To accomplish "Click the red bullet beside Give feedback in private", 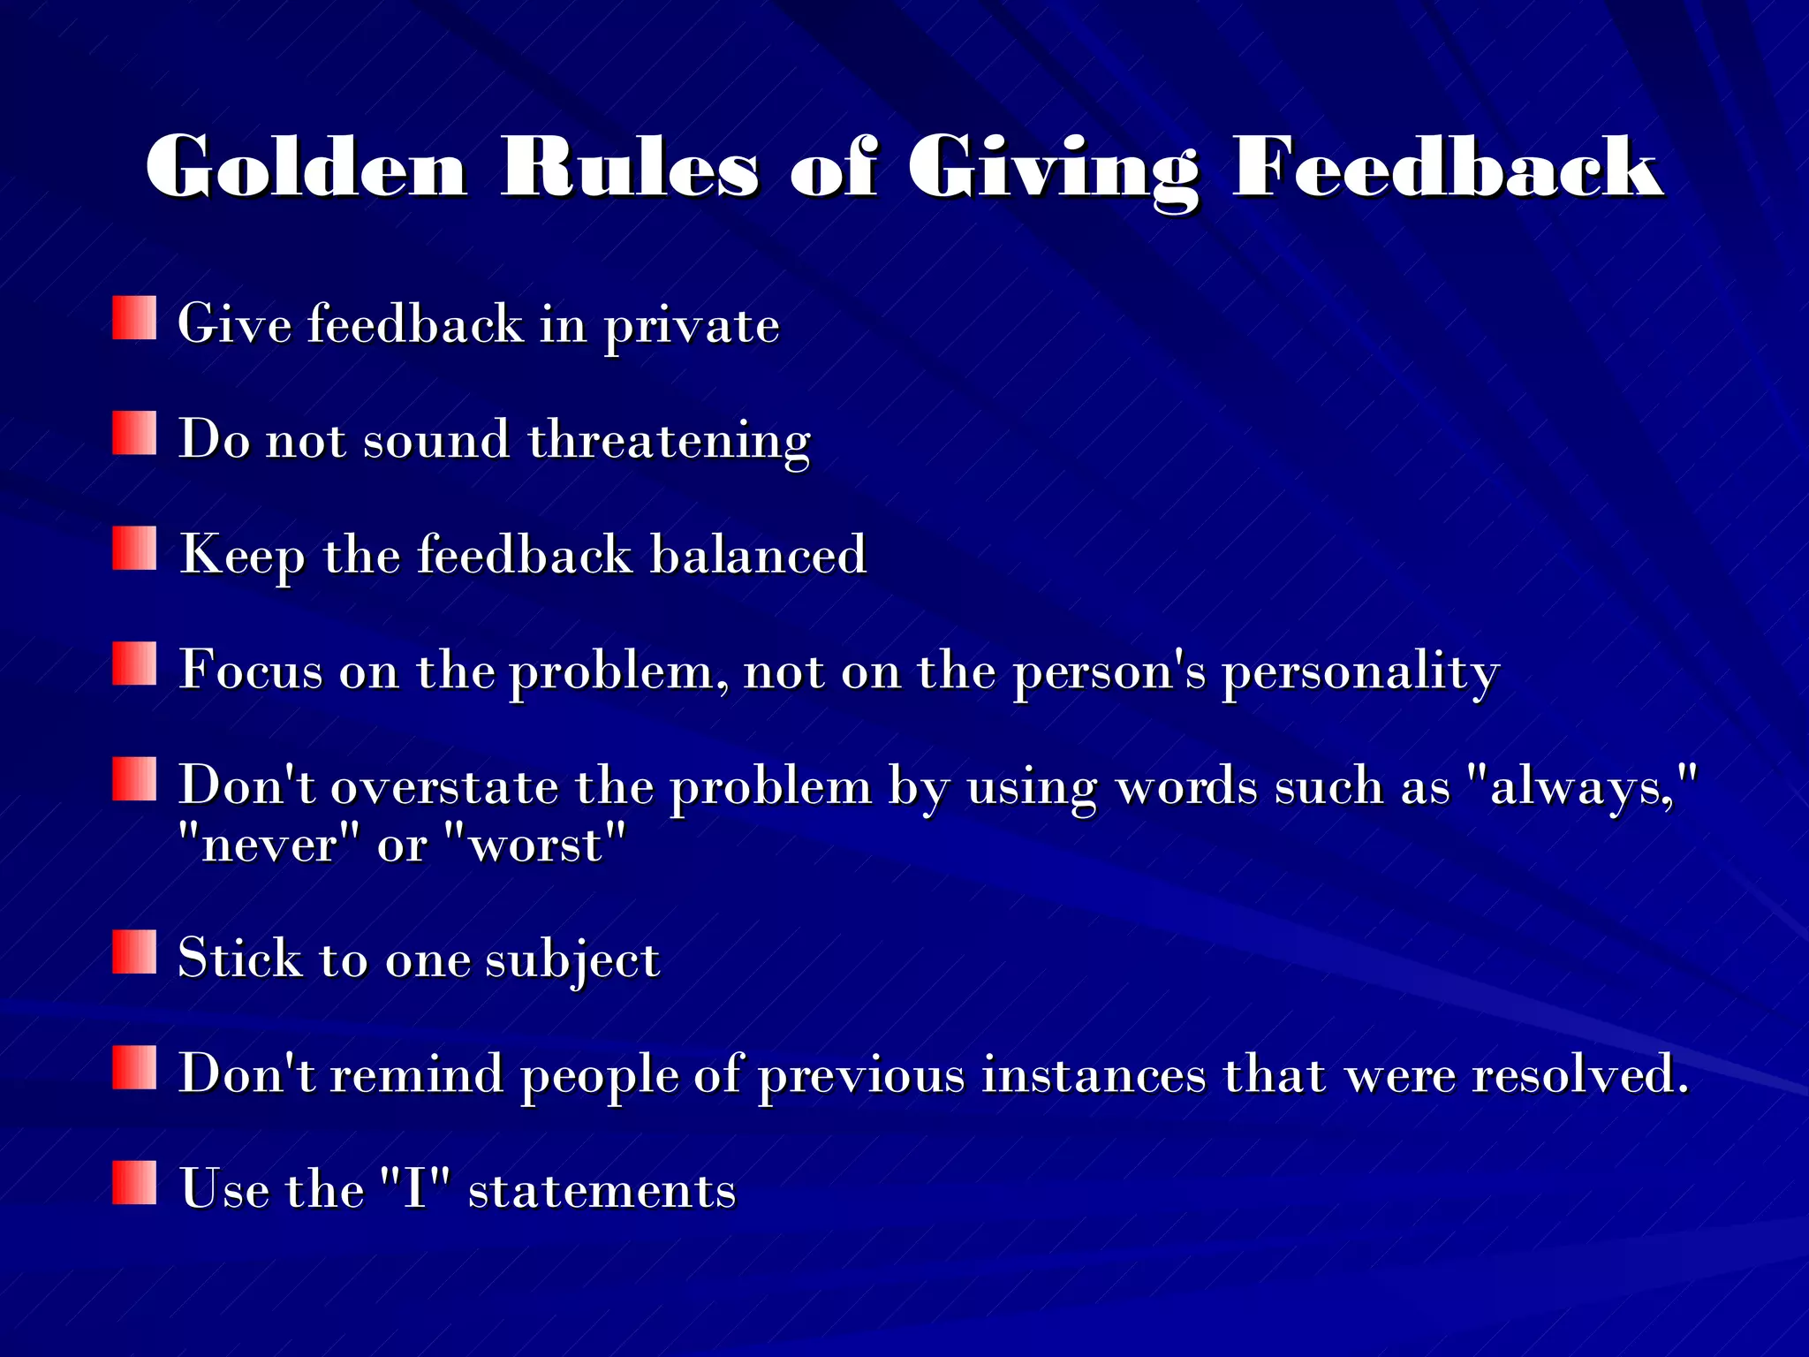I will pos(134,318).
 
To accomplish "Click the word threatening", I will pos(669,441).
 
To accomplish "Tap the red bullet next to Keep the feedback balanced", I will pos(134,549).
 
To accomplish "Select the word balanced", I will pos(758,555).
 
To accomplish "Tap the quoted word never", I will pos(269,845).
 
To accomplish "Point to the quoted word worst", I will pos(535,845).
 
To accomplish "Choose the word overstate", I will pos(444,786).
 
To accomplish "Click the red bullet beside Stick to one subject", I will pos(134,951).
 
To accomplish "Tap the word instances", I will pos(1094,1074).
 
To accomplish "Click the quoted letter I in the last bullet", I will pos(414,1188).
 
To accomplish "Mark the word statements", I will pos(602,1190).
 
